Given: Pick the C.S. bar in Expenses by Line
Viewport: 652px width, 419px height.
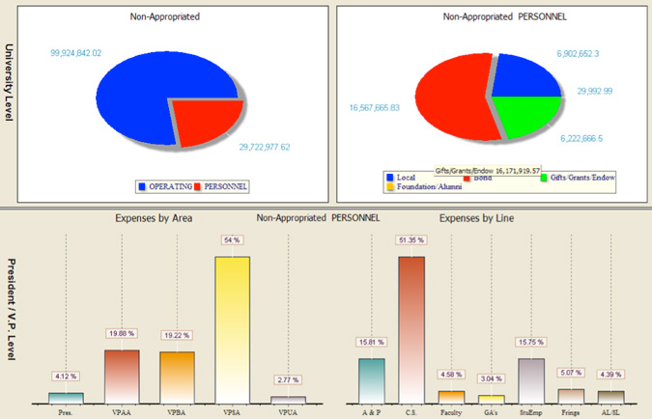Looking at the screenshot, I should point(411,328).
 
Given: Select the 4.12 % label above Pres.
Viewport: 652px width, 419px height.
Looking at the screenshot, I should point(66,376).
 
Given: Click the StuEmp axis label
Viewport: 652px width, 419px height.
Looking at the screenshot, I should point(532,409).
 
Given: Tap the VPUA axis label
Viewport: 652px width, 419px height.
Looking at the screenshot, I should point(288,409).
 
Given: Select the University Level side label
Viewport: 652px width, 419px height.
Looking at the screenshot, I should point(10,82).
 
